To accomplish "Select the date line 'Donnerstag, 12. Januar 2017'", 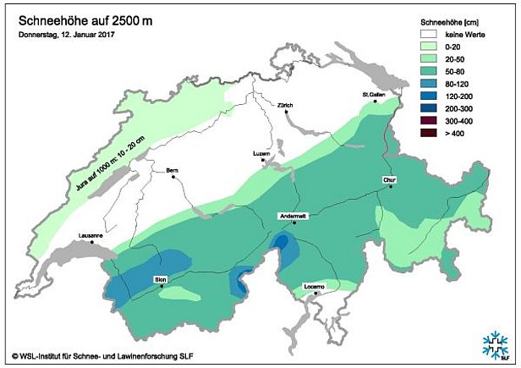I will pyautogui.click(x=67, y=36).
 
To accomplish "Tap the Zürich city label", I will pyautogui.click(x=285, y=106).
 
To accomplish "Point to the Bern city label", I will pyautogui.click(x=173, y=170).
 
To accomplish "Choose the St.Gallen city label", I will pyautogui.click(x=373, y=95).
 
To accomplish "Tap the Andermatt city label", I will pyautogui.click(x=293, y=217).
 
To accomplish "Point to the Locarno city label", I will pyautogui.click(x=315, y=287).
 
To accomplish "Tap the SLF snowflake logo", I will pyautogui.click(x=496, y=344).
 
